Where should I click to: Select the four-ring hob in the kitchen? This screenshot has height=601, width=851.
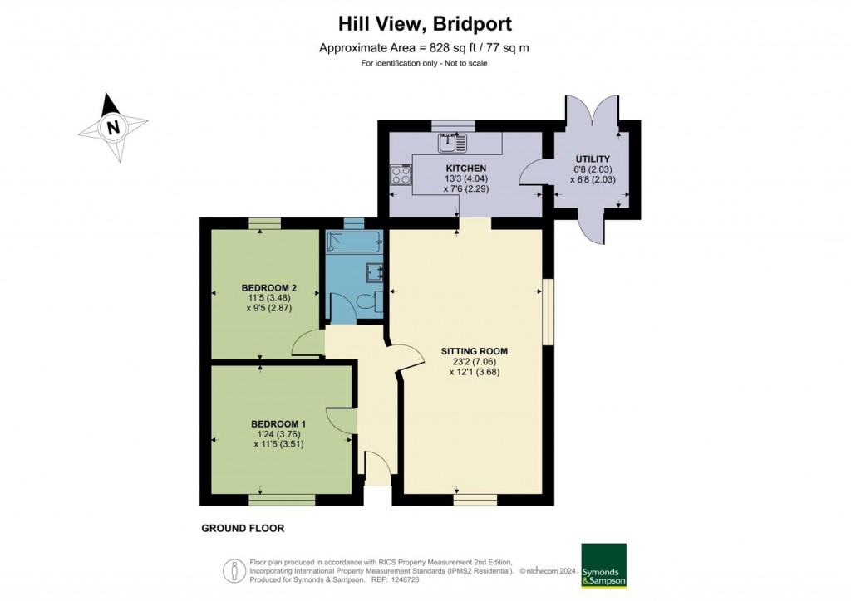click(400, 174)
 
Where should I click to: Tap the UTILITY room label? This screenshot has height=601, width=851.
click(593, 159)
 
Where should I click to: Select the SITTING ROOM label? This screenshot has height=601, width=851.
click(474, 351)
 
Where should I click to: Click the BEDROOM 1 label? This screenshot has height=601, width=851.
click(273, 423)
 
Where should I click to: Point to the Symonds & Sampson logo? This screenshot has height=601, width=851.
click(603, 566)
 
